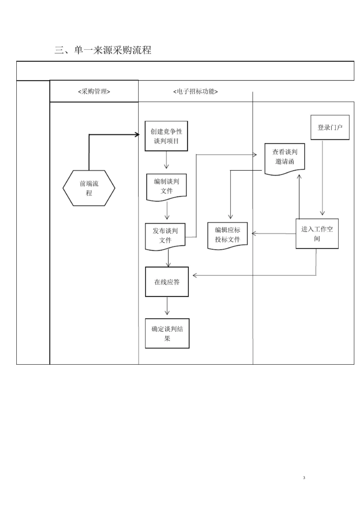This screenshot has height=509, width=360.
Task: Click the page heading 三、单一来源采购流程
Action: (103, 50)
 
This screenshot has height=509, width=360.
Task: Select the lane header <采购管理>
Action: (94, 91)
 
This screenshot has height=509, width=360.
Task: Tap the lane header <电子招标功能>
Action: (196, 91)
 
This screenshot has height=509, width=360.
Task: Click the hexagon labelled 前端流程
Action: (89, 188)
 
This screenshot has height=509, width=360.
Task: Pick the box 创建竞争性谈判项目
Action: (166, 136)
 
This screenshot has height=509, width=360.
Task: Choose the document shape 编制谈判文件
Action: (166, 186)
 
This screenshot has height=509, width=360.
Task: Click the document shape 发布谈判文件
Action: (165, 236)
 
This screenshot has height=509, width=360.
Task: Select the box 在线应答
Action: (167, 282)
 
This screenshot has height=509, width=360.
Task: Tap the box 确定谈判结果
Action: (167, 333)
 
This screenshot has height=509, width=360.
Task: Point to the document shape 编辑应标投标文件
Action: (227, 235)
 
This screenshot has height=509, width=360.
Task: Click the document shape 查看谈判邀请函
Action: (285, 157)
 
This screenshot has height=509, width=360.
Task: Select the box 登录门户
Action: (330, 128)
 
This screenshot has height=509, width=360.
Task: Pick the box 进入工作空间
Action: (317, 234)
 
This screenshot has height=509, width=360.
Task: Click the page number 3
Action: (304, 478)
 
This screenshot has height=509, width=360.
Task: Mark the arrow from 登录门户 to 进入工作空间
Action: (322, 178)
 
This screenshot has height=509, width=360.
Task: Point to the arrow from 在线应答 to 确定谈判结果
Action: (167, 306)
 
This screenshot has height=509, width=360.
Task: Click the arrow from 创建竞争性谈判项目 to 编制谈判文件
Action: (166, 160)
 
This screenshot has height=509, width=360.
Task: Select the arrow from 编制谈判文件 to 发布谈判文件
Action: (167, 211)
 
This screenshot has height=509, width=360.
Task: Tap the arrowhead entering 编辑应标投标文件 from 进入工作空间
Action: (254, 234)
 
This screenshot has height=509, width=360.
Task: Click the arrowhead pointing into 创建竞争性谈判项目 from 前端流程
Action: (137, 134)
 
